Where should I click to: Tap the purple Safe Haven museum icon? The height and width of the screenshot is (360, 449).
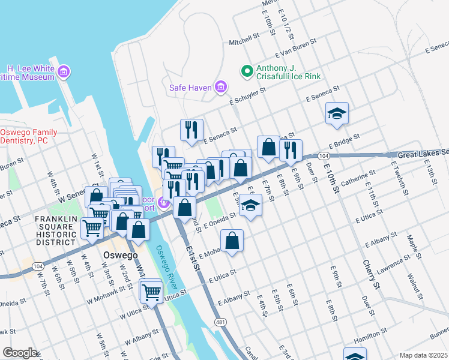pos(220,88)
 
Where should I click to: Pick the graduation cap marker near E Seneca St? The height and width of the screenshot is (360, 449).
pos(337,113)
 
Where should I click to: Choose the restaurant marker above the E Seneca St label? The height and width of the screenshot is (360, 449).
pos(191,129)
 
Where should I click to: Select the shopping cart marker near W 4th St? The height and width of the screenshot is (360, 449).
pos(92,228)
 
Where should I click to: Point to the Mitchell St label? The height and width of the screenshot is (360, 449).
pos(243,43)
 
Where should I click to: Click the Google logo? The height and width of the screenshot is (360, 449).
pos(20,353)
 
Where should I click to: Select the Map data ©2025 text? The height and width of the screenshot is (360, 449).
pos(423,355)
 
